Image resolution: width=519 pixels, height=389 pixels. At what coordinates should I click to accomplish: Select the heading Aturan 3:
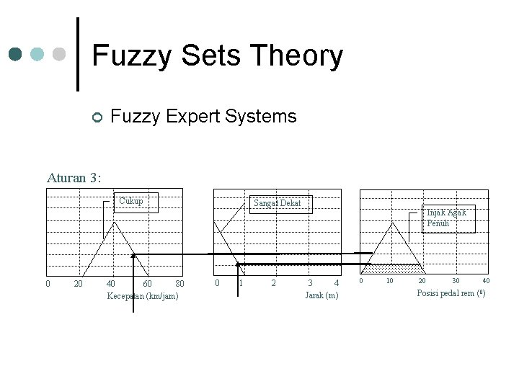click(74, 176)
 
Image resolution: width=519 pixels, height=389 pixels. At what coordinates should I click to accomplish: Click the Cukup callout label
click(131, 201)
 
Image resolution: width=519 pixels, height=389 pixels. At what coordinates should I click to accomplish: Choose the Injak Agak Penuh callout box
click(448, 218)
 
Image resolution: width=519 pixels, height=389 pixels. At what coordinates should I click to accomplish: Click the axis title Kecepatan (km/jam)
click(142, 296)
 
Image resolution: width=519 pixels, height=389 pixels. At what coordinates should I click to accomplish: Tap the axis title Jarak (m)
click(321, 295)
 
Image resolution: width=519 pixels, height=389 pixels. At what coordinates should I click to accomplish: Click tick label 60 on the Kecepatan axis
click(146, 284)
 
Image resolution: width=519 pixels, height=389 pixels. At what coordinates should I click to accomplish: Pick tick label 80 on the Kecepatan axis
click(179, 284)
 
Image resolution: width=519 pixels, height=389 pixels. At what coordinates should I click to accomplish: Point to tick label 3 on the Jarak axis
click(310, 283)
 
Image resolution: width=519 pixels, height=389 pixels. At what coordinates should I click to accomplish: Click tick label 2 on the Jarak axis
click(273, 283)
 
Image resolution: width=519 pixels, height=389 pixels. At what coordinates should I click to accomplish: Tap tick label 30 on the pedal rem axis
click(456, 281)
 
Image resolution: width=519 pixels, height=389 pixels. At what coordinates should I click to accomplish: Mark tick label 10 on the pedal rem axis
click(389, 281)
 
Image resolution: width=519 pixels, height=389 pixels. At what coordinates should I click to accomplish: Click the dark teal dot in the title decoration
click(16, 54)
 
